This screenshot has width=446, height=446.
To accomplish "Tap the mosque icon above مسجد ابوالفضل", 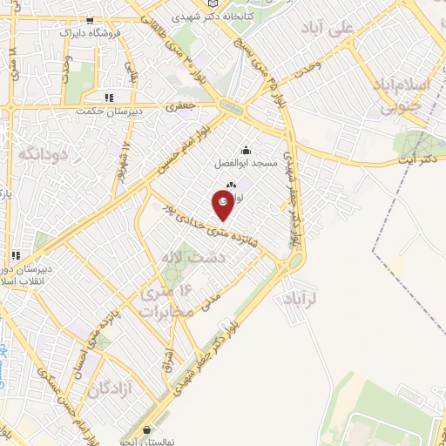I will click(246, 149).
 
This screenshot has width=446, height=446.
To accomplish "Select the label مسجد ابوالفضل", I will click(246, 163).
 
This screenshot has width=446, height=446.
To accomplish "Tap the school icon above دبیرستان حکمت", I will click(108, 98).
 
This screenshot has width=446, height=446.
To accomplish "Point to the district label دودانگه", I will click(41, 155).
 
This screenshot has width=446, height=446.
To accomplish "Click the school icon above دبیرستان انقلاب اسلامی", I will click(15, 255).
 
